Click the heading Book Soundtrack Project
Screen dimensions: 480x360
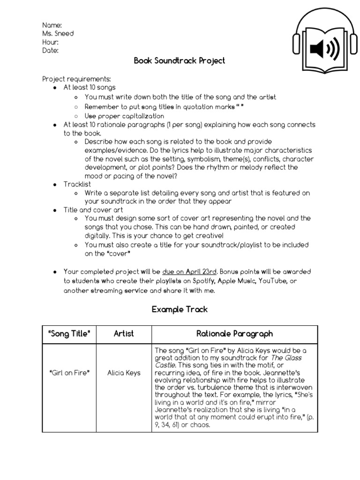coord(180,60)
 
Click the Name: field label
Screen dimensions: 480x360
coord(52,25)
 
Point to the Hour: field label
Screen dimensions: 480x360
coord(51,42)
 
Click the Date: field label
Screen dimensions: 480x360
coord(51,51)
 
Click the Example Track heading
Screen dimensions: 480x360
coord(180,309)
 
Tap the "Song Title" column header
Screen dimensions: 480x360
coord(69,334)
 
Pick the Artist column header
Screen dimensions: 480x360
coord(124,334)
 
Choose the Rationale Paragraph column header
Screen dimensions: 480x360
coord(234,334)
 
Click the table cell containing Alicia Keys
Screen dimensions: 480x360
coord(124,373)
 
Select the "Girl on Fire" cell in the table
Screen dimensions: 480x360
coord(69,373)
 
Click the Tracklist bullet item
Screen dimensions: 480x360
coord(77,184)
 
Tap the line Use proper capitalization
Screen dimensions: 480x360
coord(124,116)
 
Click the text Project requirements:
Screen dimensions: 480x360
coord(77,79)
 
